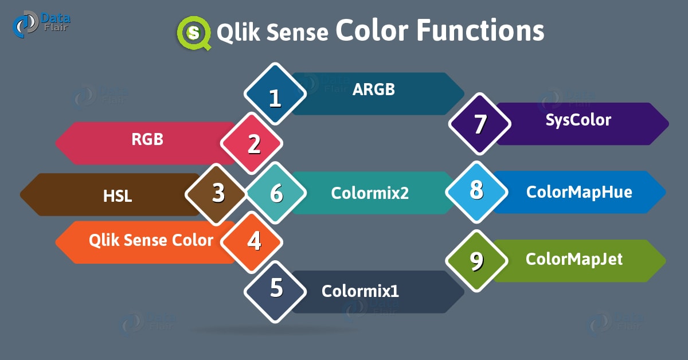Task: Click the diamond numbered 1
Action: (275, 93)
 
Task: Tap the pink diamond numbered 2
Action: (252, 143)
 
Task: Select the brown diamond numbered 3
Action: (216, 194)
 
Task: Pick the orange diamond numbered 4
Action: (252, 242)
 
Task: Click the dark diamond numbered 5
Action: (275, 292)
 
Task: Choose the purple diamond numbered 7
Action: (480, 124)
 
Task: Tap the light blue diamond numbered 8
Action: (476, 192)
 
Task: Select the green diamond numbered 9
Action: (476, 261)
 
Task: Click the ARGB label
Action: (373, 89)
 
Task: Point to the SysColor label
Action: (578, 120)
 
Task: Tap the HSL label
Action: (118, 196)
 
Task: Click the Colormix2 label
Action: (370, 193)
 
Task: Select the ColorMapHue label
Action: (579, 192)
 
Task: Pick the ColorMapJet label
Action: (574, 260)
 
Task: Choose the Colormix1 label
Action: (360, 291)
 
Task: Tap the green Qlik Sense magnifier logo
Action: (194, 33)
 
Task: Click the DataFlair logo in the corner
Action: (41, 24)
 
